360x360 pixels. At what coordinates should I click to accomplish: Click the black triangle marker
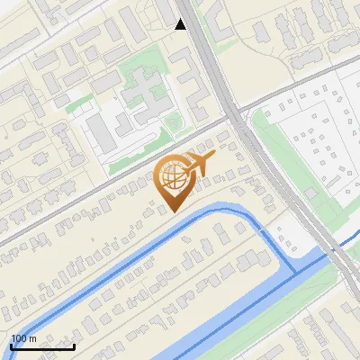180,25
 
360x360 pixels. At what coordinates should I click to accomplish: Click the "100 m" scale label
23,338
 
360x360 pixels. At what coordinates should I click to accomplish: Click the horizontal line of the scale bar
42,346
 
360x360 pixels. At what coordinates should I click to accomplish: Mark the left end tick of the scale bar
11,346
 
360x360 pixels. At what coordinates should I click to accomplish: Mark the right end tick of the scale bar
74,346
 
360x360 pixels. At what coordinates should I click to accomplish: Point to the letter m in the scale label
32,339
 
